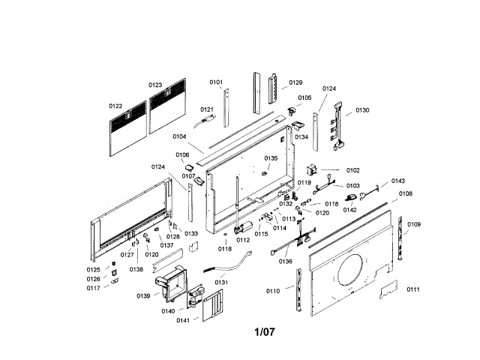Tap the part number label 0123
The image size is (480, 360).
155,85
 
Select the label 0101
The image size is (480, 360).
216,82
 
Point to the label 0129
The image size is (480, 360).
295,82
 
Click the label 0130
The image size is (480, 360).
362,110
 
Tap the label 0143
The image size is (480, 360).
398,181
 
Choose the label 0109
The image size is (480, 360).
414,224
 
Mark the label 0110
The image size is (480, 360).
273,290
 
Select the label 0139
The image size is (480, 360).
143,296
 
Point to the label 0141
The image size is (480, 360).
183,320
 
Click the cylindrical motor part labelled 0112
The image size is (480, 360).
243,229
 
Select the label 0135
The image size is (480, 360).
271,158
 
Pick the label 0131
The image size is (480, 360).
220,282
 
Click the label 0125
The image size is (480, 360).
93,270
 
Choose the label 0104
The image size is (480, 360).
179,137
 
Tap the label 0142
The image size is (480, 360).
349,210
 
